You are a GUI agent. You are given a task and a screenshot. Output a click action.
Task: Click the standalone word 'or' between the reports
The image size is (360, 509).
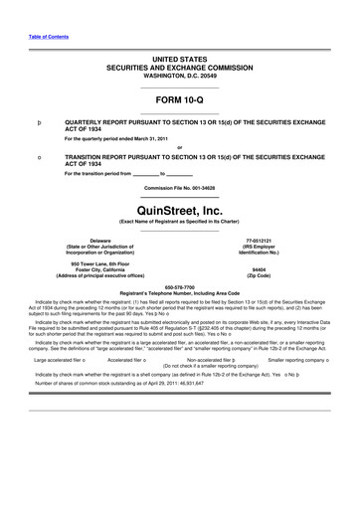(179, 148)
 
